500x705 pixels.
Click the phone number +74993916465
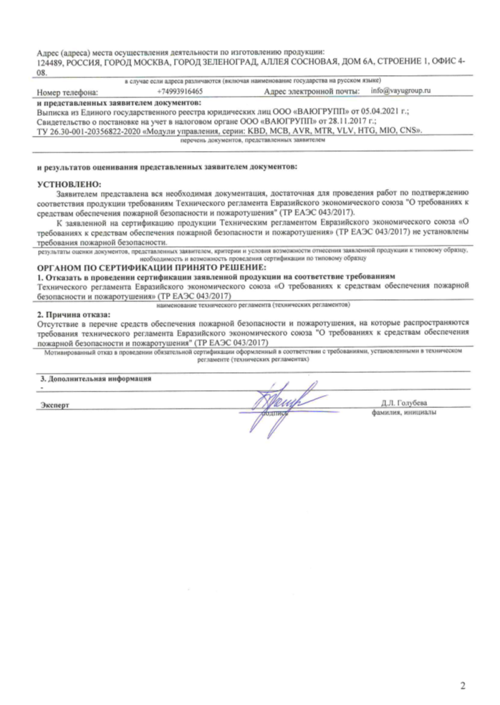pos(179,92)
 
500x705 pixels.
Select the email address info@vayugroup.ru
pos(401,92)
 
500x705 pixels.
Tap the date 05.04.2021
pos(384,114)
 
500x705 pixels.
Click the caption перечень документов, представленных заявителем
pos(252,142)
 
